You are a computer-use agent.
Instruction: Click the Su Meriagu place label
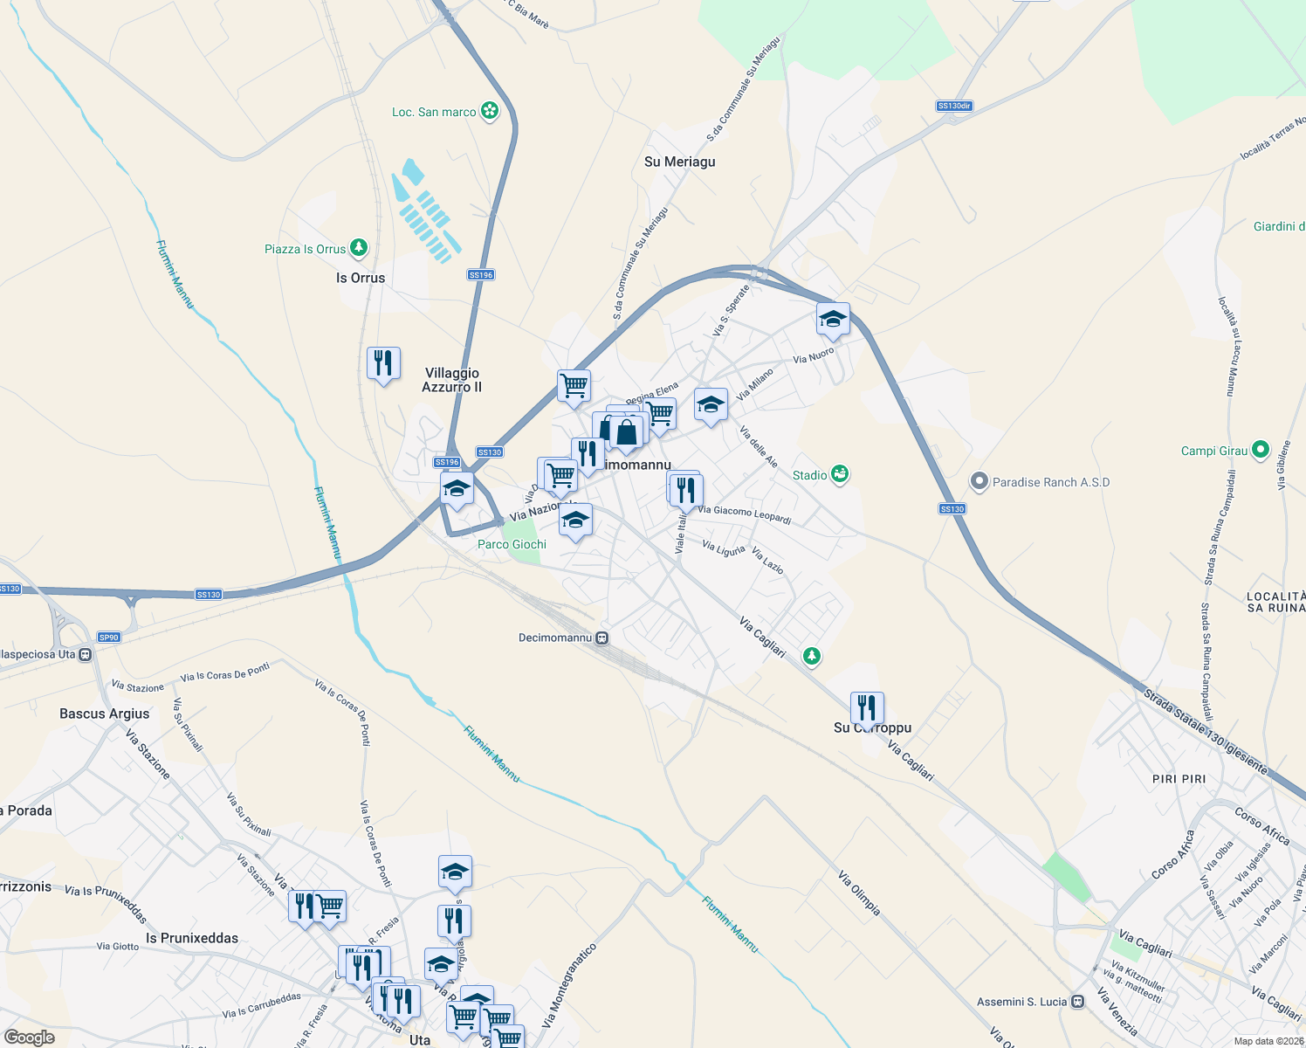(x=679, y=162)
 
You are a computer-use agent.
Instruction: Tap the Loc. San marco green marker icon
(x=491, y=111)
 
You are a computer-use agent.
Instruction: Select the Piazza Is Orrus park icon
(x=358, y=248)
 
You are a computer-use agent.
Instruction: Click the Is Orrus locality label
(x=361, y=278)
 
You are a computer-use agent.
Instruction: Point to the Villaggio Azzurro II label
(x=452, y=380)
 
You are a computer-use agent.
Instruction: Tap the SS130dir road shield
(x=954, y=106)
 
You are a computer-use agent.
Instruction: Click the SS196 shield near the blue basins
(x=481, y=274)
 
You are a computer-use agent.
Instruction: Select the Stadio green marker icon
(x=840, y=474)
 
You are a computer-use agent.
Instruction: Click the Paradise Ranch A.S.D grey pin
(x=979, y=481)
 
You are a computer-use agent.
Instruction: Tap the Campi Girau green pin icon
(x=1260, y=450)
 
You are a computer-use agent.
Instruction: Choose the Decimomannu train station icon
(x=602, y=638)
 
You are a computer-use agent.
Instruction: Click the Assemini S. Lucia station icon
(x=1078, y=1001)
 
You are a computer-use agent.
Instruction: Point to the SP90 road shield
(x=108, y=637)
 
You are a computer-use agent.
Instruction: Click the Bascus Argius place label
(x=105, y=714)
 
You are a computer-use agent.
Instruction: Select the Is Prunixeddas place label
(x=192, y=938)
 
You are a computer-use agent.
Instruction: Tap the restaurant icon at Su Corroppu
(x=867, y=707)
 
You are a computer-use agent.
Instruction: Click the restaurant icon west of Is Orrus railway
(x=383, y=362)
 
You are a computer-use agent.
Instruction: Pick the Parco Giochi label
(x=512, y=544)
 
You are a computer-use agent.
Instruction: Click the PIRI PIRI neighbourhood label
(x=1179, y=778)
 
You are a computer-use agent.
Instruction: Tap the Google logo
(x=30, y=1038)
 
